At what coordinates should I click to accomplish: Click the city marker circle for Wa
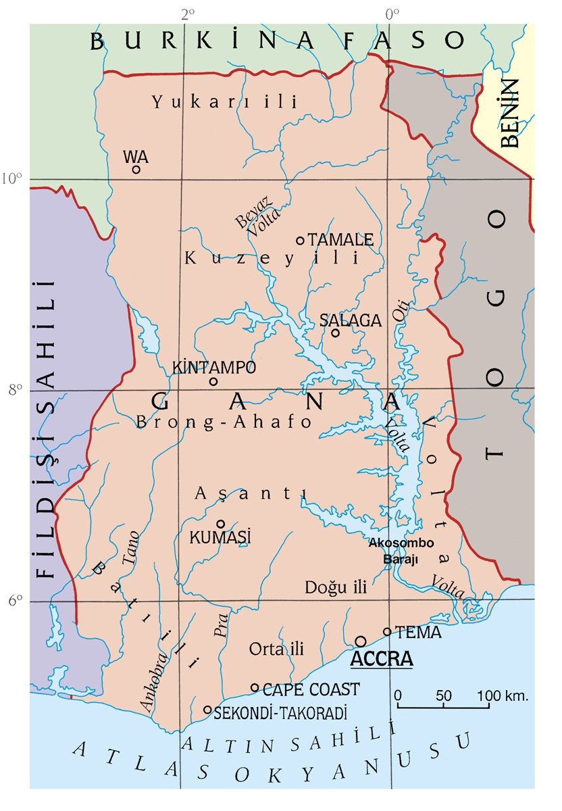click(136, 169)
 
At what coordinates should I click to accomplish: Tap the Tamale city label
click(340, 240)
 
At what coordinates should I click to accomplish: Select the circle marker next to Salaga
click(335, 332)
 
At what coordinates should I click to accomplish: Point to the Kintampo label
click(214, 368)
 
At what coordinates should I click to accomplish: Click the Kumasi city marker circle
click(220, 524)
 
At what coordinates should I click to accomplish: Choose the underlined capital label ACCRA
click(381, 658)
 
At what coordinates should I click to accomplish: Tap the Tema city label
click(418, 633)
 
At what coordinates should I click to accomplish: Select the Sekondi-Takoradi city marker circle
click(208, 710)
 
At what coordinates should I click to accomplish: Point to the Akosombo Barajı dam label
click(401, 550)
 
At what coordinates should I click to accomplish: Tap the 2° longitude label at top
click(187, 13)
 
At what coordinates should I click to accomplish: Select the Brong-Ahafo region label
click(224, 422)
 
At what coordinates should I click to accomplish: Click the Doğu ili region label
click(335, 587)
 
